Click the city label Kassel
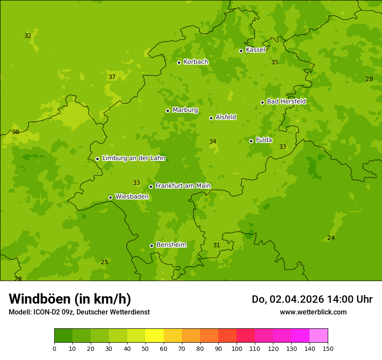click(255, 50)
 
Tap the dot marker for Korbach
click(179, 62)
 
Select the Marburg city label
click(185, 110)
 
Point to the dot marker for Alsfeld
click(211, 118)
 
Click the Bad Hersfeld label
click(286, 101)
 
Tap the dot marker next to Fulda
click(251, 141)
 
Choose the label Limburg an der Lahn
click(133, 158)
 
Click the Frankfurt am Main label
click(183, 186)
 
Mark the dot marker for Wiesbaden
click(110, 197)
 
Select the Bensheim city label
click(171, 245)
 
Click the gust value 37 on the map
click(112, 77)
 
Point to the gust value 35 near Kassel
click(275, 62)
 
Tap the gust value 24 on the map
click(331, 238)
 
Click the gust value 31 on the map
click(217, 245)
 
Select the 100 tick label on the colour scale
click(237, 349)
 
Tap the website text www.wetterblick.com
click(313, 312)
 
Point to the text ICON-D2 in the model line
click(46, 312)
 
